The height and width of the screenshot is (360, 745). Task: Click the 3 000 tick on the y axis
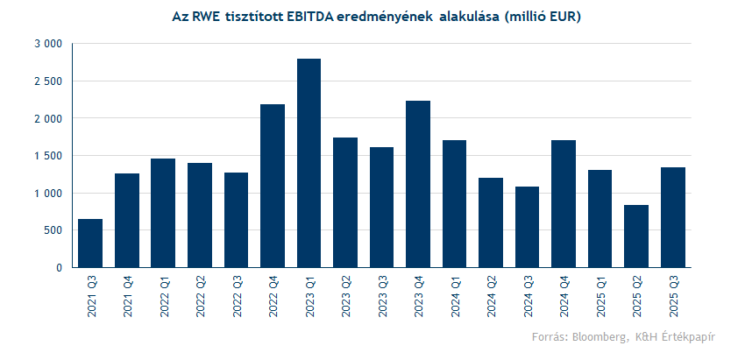click(x=47, y=44)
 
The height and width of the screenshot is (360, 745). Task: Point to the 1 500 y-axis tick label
click(x=47, y=156)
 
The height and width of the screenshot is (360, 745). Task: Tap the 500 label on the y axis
click(x=53, y=230)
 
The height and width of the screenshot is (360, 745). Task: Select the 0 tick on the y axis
click(x=58, y=268)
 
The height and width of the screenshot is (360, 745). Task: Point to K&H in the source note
click(x=646, y=337)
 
